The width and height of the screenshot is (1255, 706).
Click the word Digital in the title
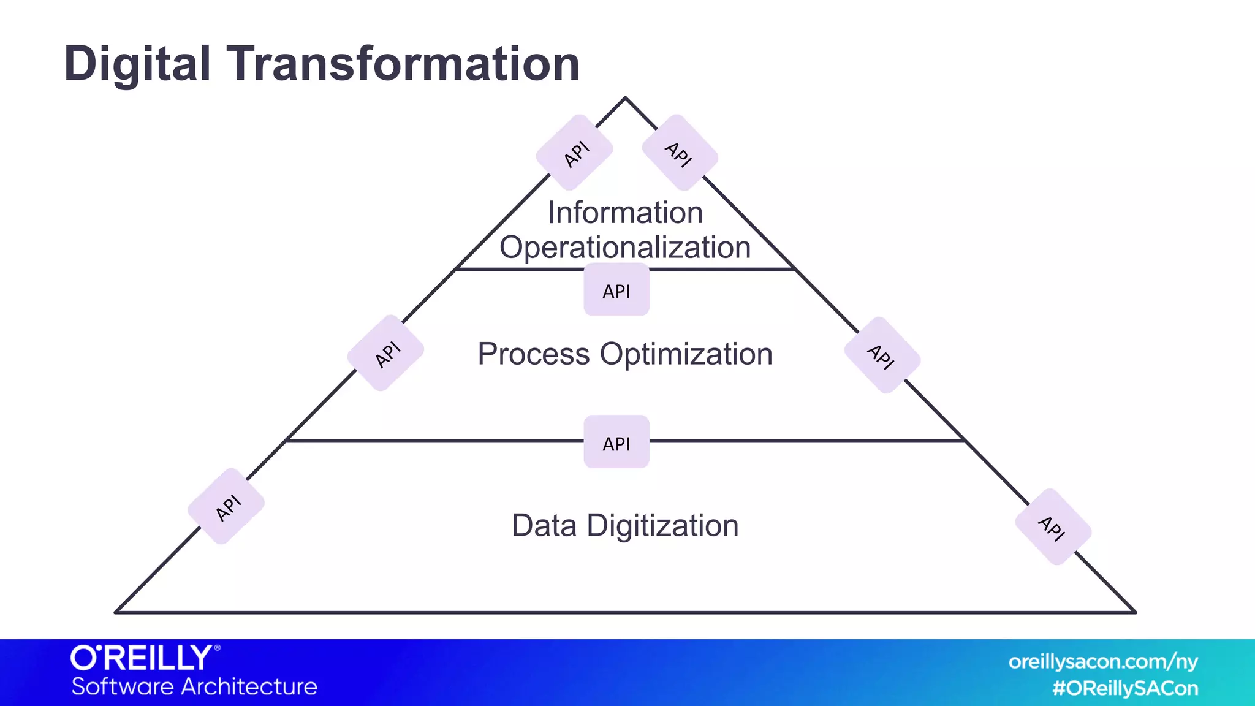137,64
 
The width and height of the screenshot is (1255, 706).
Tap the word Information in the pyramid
625,213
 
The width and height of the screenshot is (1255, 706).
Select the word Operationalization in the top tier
625,248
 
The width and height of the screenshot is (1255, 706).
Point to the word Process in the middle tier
533,354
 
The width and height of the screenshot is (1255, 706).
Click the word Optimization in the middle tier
686,354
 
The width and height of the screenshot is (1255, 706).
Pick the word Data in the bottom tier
544,526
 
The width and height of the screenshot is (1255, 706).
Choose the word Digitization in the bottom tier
662,526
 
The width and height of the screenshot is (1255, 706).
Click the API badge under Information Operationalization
616,290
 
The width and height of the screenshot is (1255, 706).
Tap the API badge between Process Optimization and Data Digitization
616,442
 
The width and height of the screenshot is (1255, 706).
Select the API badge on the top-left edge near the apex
575,153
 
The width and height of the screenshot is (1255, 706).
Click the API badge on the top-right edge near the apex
680,153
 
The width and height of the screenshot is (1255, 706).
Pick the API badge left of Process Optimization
386,354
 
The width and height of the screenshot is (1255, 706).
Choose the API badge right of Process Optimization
882,355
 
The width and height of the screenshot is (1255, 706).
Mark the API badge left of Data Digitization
227,507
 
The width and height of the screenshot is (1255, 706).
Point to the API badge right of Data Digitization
1053,527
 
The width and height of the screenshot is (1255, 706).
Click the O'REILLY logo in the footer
145,658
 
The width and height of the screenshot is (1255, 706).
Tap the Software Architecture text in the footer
194,686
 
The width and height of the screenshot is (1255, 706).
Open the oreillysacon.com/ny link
1103,662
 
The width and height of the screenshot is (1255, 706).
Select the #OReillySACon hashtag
1125,688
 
